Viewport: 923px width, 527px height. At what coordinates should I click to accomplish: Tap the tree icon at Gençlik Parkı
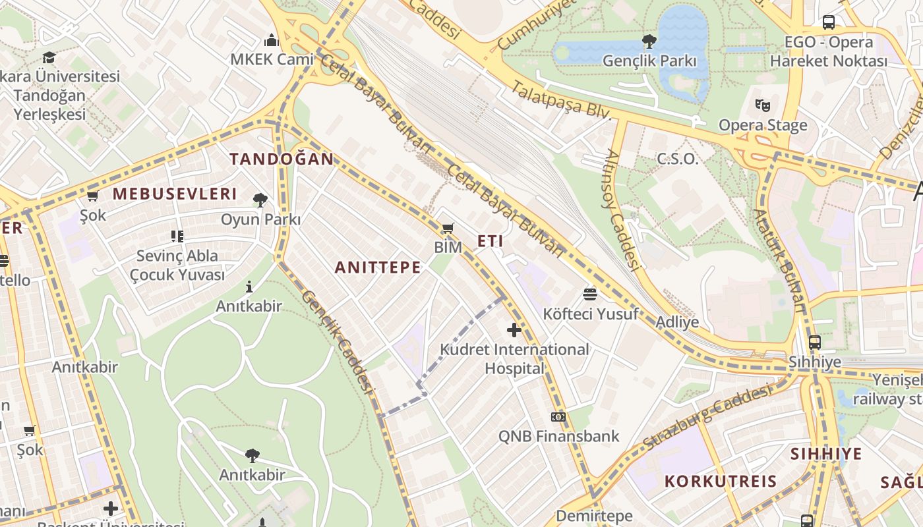coord(649,42)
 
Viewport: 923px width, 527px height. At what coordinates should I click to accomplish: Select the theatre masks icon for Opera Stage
coord(763,105)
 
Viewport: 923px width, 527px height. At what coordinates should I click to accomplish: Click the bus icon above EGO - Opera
coord(829,22)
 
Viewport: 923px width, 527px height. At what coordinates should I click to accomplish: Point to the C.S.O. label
coord(677,159)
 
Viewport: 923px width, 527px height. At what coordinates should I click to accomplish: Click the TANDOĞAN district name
coord(282,159)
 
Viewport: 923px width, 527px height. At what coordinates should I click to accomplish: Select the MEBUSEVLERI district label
coord(174,194)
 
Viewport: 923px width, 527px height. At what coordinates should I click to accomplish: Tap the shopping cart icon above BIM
coord(448,229)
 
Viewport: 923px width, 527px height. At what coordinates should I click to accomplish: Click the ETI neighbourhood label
coord(491,241)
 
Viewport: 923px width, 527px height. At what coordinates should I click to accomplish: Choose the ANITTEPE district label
coord(378,267)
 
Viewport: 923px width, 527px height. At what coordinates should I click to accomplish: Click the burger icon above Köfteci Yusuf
coord(590,294)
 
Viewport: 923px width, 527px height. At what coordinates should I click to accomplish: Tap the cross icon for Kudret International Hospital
coord(514,329)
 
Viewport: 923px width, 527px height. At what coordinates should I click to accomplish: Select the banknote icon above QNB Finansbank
coord(558,416)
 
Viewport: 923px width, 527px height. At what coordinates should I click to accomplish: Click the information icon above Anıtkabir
coord(249,287)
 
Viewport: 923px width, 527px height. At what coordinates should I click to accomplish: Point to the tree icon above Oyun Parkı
coord(260,200)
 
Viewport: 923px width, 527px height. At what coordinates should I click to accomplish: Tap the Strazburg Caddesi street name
coord(706,418)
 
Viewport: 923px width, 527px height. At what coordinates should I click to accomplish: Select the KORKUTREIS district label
coord(721,481)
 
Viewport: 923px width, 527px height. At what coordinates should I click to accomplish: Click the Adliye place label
coord(677,322)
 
